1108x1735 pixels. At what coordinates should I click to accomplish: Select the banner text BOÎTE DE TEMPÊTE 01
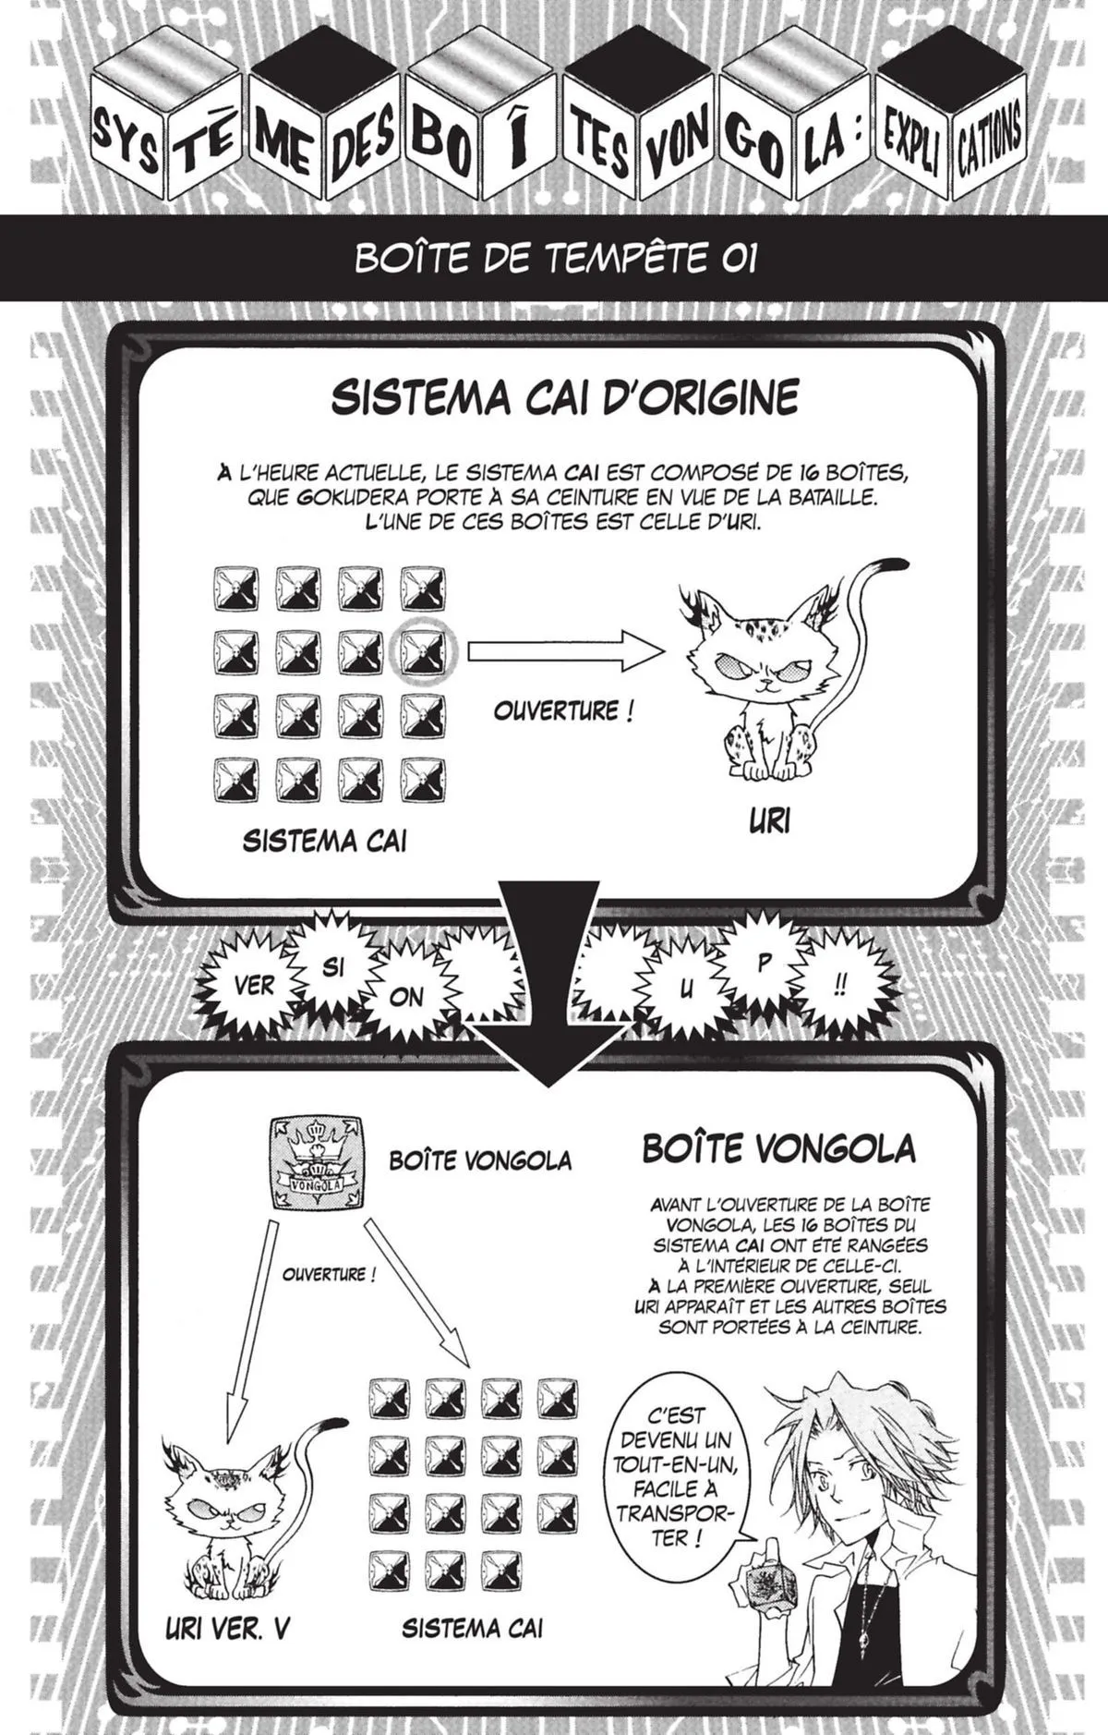[x=556, y=260]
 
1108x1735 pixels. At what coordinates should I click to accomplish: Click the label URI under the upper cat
[x=768, y=820]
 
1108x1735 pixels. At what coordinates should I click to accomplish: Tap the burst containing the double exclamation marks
[x=839, y=986]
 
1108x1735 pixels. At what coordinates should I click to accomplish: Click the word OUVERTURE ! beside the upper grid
[x=563, y=711]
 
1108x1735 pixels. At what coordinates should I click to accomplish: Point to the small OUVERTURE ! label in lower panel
[x=329, y=1275]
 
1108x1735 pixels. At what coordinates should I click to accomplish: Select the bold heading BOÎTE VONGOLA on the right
[x=778, y=1148]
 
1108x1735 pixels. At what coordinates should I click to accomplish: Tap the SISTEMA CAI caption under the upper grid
[x=324, y=841]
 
